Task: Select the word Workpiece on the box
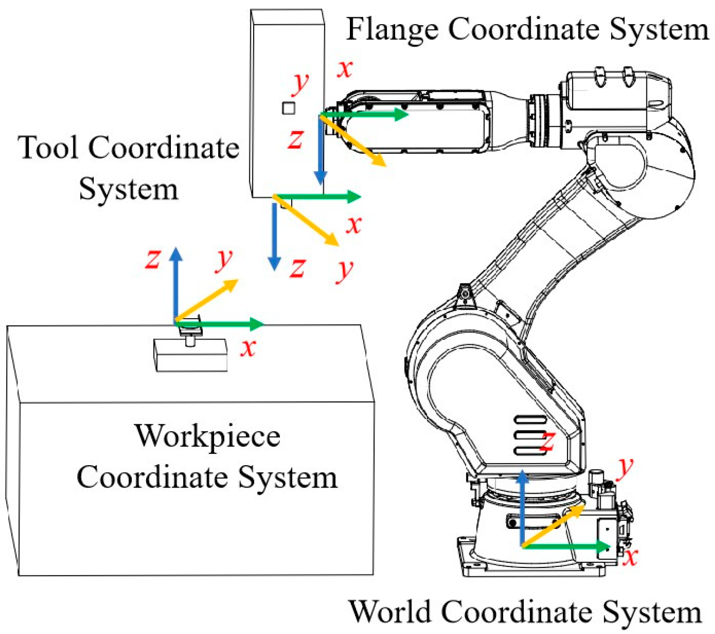(x=207, y=437)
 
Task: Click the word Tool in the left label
(x=48, y=148)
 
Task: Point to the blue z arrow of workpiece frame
(x=176, y=285)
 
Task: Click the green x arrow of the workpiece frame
(x=224, y=324)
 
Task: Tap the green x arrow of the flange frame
(x=367, y=114)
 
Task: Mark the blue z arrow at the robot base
(x=523, y=509)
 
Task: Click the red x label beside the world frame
(x=630, y=556)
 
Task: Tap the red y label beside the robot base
(x=625, y=468)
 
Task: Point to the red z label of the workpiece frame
(x=152, y=260)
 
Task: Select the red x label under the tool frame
(x=354, y=224)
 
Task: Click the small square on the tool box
(x=288, y=108)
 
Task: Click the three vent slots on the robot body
(x=530, y=435)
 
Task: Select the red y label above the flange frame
(x=300, y=84)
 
